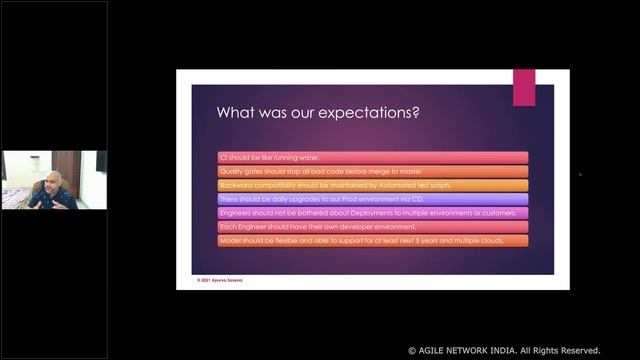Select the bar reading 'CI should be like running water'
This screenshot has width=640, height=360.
pos(372,157)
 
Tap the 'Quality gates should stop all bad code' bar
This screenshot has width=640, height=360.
pos(372,171)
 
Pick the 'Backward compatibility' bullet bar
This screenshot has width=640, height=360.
pos(372,185)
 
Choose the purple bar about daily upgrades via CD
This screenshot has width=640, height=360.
pos(372,199)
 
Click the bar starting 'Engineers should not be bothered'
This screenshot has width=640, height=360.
pos(372,213)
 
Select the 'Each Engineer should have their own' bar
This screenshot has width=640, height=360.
pos(372,227)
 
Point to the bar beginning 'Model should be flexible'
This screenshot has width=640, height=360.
pos(372,241)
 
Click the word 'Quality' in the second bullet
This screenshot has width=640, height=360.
pos(231,171)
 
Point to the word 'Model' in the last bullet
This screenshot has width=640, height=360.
pos(229,241)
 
